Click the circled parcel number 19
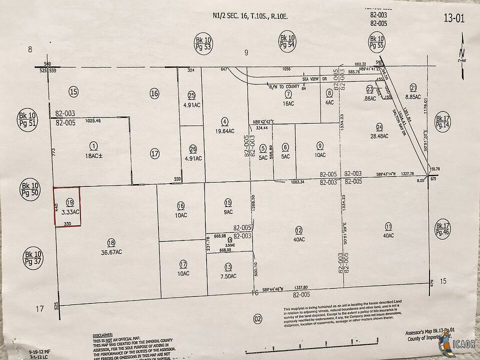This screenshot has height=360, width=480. pyautogui.click(x=69, y=202)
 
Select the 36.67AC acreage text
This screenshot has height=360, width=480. pyautogui.click(x=111, y=252)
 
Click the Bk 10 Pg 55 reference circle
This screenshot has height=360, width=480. pyautogui.click(x=376, y=42)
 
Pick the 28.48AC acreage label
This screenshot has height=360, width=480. pyautogui.click(x=379, y=136)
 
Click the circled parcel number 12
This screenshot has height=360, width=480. pyautogui.click(x=299, y=230)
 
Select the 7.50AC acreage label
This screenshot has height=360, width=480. pyautogui.click(x=228, y=274)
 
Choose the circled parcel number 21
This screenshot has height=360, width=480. pyautogui.click(x=413, y=85)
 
